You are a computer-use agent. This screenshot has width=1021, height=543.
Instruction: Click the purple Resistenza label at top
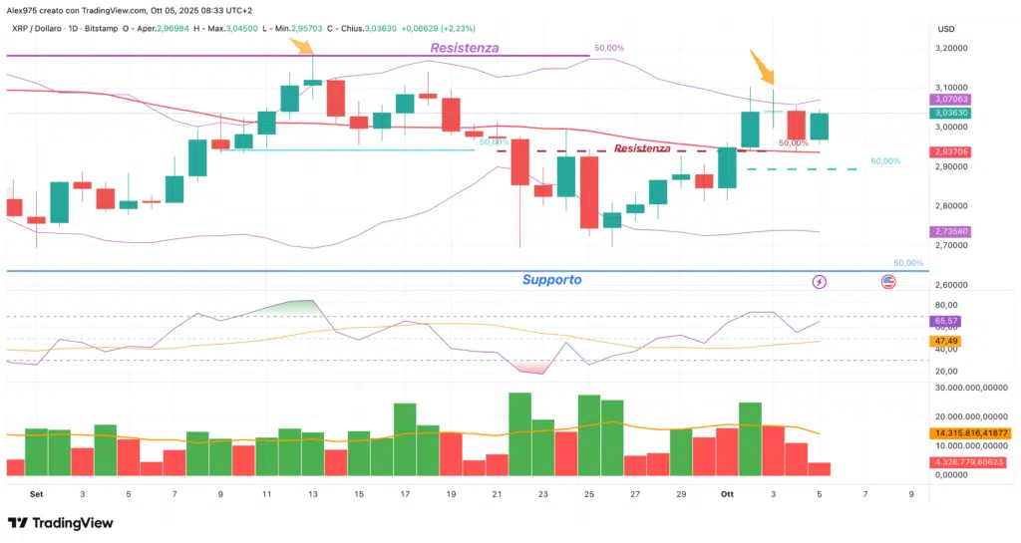tap(464, 48)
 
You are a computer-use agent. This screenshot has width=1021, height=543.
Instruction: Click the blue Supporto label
tap(551, 280)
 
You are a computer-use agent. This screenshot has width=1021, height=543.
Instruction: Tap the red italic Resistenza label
tap(642, 148)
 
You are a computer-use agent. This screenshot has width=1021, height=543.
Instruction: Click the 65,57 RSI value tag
tap(946, 321)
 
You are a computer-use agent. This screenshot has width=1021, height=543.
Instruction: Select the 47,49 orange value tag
tap(946, 341)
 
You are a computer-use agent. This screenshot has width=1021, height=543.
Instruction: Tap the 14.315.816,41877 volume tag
tap(973, 433)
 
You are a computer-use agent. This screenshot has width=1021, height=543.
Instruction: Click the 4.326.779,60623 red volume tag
tap(972, 462)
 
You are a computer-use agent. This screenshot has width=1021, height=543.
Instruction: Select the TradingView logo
tap(61, 523)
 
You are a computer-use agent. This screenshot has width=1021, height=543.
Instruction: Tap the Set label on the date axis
tap(37, 493)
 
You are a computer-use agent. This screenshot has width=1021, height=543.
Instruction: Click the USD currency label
tap(946, 28)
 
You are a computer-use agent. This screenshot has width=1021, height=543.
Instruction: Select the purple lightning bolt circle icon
tap(820, 282)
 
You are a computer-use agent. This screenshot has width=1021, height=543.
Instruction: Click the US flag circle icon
tap(888, 282)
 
